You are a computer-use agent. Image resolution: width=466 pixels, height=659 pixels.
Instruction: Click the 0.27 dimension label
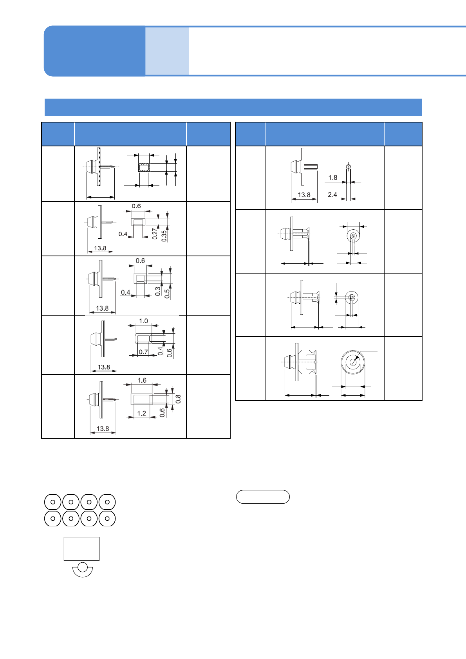[155, 234]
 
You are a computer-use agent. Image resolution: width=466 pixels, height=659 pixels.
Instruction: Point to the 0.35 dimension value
[164, 235]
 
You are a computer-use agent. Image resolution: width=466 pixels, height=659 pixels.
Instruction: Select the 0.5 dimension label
[167, 294]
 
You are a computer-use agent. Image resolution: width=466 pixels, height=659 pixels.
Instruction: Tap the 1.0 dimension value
[143, 321]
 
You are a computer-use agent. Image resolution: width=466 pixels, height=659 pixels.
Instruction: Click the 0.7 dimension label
[143, 352]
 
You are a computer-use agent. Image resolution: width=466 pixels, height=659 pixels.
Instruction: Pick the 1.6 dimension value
[142, 380]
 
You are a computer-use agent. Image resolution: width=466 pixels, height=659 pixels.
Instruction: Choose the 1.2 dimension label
[141, 413]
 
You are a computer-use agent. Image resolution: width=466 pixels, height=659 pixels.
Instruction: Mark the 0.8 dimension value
[178, 399]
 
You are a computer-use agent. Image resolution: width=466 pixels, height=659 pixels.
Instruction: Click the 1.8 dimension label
[332, 178]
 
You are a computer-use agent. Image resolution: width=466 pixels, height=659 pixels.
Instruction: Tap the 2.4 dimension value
[332, 194]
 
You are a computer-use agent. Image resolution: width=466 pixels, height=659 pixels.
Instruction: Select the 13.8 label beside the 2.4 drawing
[304, 194]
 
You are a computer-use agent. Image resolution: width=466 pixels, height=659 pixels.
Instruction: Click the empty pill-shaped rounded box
[263, 497]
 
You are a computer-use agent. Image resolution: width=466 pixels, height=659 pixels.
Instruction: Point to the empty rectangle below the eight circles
[81, 549]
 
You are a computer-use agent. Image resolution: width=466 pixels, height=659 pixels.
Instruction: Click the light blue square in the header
[167, 51]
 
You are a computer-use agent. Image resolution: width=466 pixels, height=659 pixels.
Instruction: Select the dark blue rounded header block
[94, 51]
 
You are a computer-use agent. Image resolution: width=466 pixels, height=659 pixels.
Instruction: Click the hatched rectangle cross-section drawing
[144, 167]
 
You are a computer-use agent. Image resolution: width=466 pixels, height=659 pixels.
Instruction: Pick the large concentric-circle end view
[353, 362]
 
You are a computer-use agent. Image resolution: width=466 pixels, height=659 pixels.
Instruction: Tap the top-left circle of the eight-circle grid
[53, 502]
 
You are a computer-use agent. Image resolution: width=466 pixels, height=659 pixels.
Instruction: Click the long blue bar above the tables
[233, 107]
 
